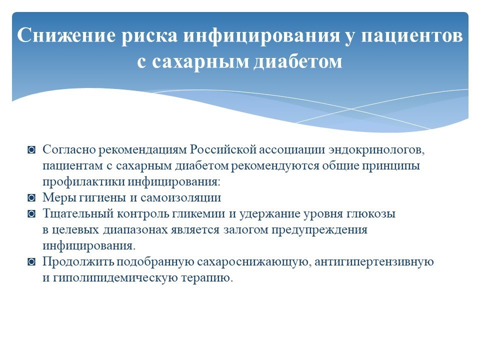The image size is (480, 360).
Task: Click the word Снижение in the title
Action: [66, 35]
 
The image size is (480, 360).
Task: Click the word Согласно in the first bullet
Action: [69, 149]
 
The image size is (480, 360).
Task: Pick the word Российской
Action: [223, 149]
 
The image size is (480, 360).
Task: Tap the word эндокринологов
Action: [376, 150]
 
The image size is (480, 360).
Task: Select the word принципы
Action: [391, 166]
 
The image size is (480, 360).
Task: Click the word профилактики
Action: [83, 181]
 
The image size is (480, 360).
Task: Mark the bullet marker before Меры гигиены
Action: [31, 198]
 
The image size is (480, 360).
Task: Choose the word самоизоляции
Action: [180, 198]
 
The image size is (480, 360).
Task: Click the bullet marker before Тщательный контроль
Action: [31, 213]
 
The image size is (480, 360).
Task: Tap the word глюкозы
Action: [371, 213]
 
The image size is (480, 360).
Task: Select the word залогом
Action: [245, 229]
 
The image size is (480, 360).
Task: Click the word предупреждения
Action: [319, 229]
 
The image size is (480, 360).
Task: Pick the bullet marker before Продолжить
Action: [31, 261]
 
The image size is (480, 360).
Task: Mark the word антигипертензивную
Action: [374, 261]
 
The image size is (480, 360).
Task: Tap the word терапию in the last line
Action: [207, 278]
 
